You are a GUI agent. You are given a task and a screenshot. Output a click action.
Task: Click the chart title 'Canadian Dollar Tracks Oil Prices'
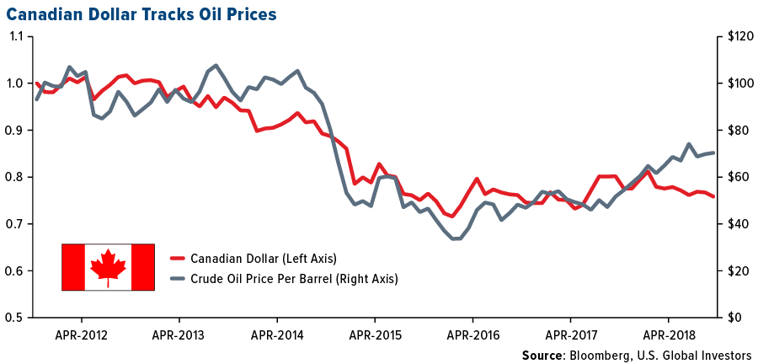coord(140,14)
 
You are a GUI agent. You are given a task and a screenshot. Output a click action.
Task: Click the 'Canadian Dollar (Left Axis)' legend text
coord(264,258)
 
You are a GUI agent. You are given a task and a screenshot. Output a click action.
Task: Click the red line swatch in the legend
coord(177,258)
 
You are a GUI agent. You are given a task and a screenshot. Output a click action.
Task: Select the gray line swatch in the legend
coord(177,278)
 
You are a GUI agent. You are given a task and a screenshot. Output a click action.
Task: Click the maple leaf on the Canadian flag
coord(108,265)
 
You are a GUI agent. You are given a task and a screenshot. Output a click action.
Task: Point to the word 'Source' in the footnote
coord(542,354)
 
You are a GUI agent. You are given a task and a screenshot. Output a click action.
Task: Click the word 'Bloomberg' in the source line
coord(598,354)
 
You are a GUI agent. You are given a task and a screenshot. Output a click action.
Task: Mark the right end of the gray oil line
coord(715,153)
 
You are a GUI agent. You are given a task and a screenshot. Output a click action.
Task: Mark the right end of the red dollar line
coord(715,197)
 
